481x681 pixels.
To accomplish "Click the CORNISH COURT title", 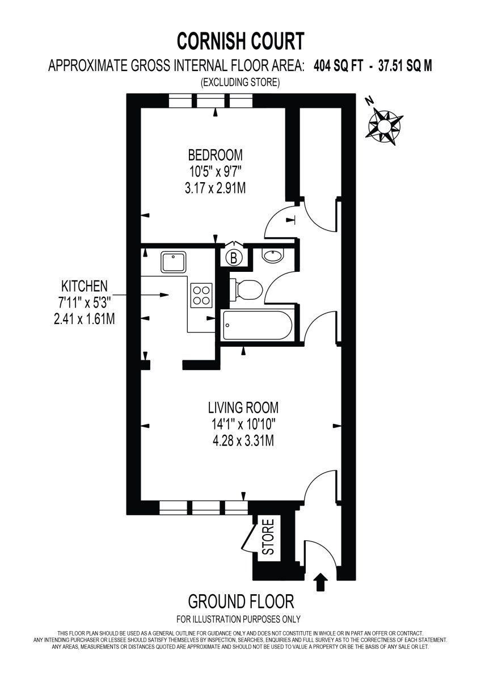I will pos(241,41).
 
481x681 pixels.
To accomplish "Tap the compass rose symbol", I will pos(385,123).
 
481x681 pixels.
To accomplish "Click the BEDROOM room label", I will pos(216,154).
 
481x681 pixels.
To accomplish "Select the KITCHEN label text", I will pos(85,285).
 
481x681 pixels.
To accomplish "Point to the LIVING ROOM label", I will pos(243,407).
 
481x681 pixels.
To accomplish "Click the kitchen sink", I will pos(172,262).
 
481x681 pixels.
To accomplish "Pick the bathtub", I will pos(258,326).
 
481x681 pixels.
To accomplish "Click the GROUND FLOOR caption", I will pos(241,601).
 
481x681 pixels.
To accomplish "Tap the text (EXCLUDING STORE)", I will pos(240,83).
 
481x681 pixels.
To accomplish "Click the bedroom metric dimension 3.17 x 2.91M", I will pos(216,188).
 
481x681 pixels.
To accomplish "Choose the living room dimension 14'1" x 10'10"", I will pos(243,424).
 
